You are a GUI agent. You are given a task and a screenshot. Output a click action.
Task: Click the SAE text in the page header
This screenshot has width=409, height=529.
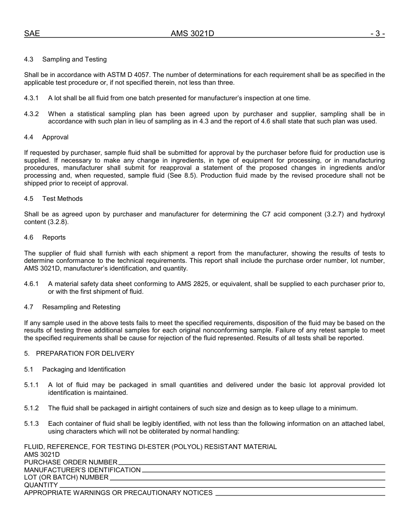coord(32,34)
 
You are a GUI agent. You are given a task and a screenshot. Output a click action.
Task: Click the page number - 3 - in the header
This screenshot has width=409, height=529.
coord(377,34)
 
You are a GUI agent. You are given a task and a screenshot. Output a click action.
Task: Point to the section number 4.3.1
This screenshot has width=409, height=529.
coord(31,98)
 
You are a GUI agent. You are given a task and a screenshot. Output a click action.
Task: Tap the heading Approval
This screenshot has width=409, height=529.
coord(55,137)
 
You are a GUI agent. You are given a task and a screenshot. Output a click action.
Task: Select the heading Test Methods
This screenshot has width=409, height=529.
coord(62,199)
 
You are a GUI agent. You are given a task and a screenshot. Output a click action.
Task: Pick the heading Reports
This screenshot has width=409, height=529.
coord(54,237)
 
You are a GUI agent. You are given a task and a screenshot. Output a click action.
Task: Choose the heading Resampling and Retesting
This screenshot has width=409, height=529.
coord(81,307)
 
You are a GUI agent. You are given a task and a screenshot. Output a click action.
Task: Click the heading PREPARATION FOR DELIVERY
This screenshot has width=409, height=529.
coord(85,354)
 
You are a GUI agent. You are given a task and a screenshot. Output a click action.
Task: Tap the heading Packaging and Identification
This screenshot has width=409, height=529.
coord(84,369)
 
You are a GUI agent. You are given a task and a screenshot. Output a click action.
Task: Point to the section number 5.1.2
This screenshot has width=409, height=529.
coord(31,408)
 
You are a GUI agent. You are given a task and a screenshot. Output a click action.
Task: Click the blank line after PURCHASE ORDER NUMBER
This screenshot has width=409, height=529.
coord(251,464)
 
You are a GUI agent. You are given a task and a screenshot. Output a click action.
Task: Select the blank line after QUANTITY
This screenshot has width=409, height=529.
coord(222,487)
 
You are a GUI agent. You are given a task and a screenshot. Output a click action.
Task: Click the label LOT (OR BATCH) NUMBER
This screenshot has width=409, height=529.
coord(66,477)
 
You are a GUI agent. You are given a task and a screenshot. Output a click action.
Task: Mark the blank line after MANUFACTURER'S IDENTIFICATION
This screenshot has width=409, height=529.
coord(263,471)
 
